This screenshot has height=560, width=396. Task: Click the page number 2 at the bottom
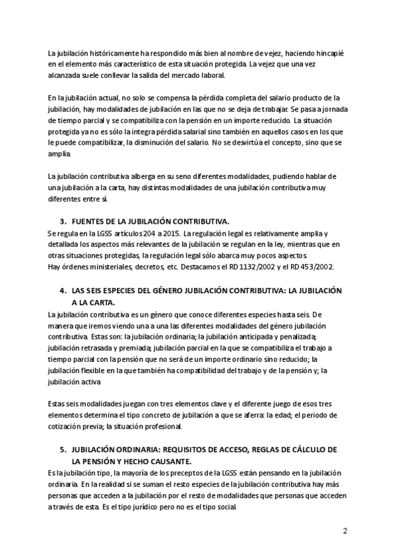[x=345, y=531]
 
